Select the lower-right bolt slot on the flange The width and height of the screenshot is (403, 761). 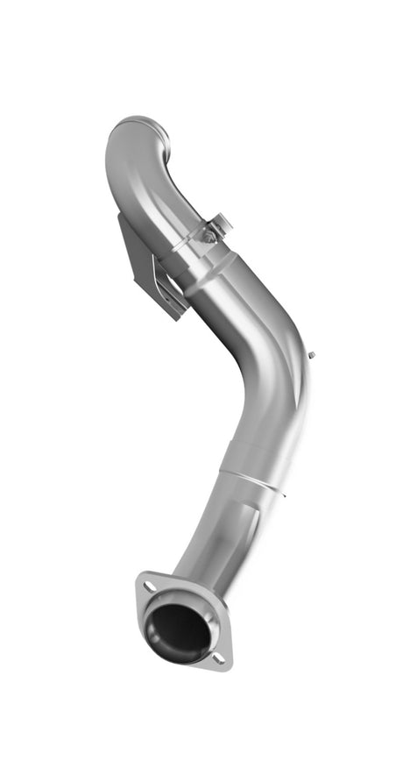click(219, 658)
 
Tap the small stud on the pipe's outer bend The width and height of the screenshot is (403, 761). click(312, 354)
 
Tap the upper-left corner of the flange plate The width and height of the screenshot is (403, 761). click(140, 577)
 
